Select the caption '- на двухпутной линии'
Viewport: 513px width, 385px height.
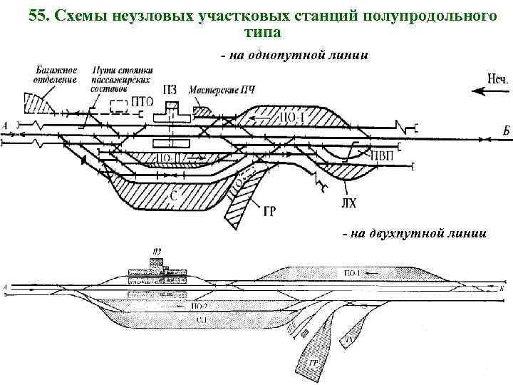click(x=415, y=233)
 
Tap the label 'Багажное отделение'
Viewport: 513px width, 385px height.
click(x=51, y=75)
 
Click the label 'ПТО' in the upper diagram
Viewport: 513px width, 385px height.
click(x=143, y=103)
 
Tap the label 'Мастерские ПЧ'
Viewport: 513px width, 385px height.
click(x=222, y=91)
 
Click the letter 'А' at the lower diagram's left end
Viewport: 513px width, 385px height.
click(x=6, y=287)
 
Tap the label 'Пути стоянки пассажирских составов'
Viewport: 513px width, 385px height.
click(x=117, y=78)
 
